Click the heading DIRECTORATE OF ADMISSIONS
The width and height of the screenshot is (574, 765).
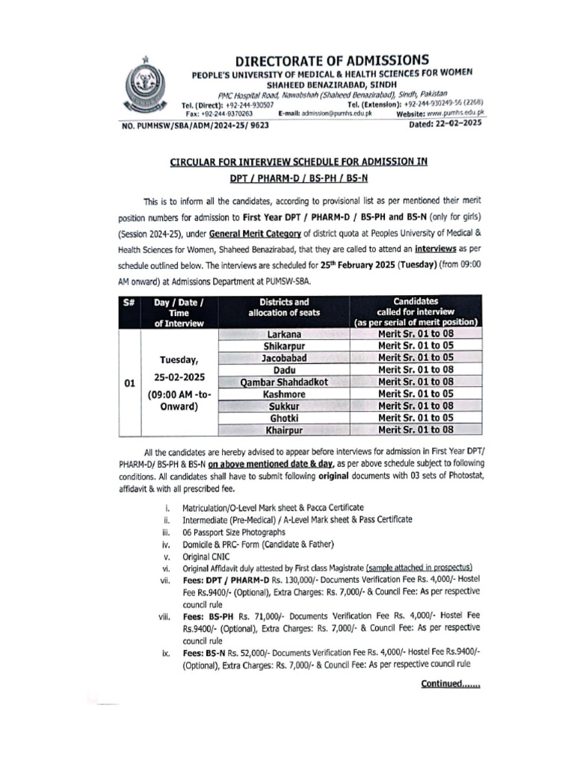333,60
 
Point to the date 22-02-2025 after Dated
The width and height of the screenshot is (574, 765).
457,126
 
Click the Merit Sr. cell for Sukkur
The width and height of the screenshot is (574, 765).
416,406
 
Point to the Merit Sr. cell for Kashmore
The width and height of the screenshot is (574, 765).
416,394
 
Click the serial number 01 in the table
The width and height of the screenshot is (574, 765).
129,382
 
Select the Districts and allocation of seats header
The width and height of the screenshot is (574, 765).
283,306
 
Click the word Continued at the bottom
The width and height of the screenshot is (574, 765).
450,684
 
